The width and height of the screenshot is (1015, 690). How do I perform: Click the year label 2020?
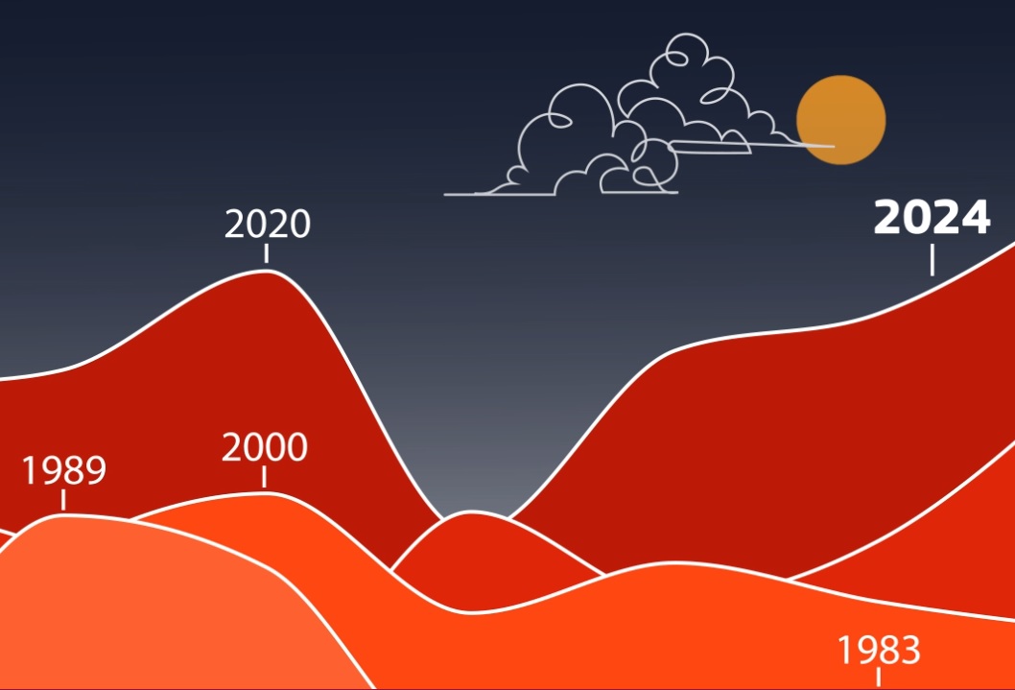(268, 224)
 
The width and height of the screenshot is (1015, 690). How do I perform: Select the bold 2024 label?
(932, 217)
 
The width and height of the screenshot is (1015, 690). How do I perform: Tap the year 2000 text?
(264, 447)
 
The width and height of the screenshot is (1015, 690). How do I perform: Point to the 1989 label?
(63, 470)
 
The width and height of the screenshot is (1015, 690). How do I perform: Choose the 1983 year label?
(879, 650)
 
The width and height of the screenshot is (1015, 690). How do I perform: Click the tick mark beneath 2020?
(266, 253)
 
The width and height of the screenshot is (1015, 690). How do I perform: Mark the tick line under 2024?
(932, 260)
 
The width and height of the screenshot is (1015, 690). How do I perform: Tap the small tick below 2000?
(264, 477)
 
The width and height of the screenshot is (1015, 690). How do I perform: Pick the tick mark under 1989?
(63, 500)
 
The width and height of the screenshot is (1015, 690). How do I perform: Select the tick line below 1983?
(879, 678)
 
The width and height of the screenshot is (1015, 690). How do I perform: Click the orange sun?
(840, 120)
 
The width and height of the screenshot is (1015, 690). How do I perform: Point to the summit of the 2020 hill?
(266, 271)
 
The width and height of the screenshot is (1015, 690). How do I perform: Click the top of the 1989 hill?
(63, 515)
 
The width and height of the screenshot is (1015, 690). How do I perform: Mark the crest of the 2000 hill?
(264, 493)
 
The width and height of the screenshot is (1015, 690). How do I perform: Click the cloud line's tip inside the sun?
(834, 146)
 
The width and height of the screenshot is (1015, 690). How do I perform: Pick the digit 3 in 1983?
(910, 650)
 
